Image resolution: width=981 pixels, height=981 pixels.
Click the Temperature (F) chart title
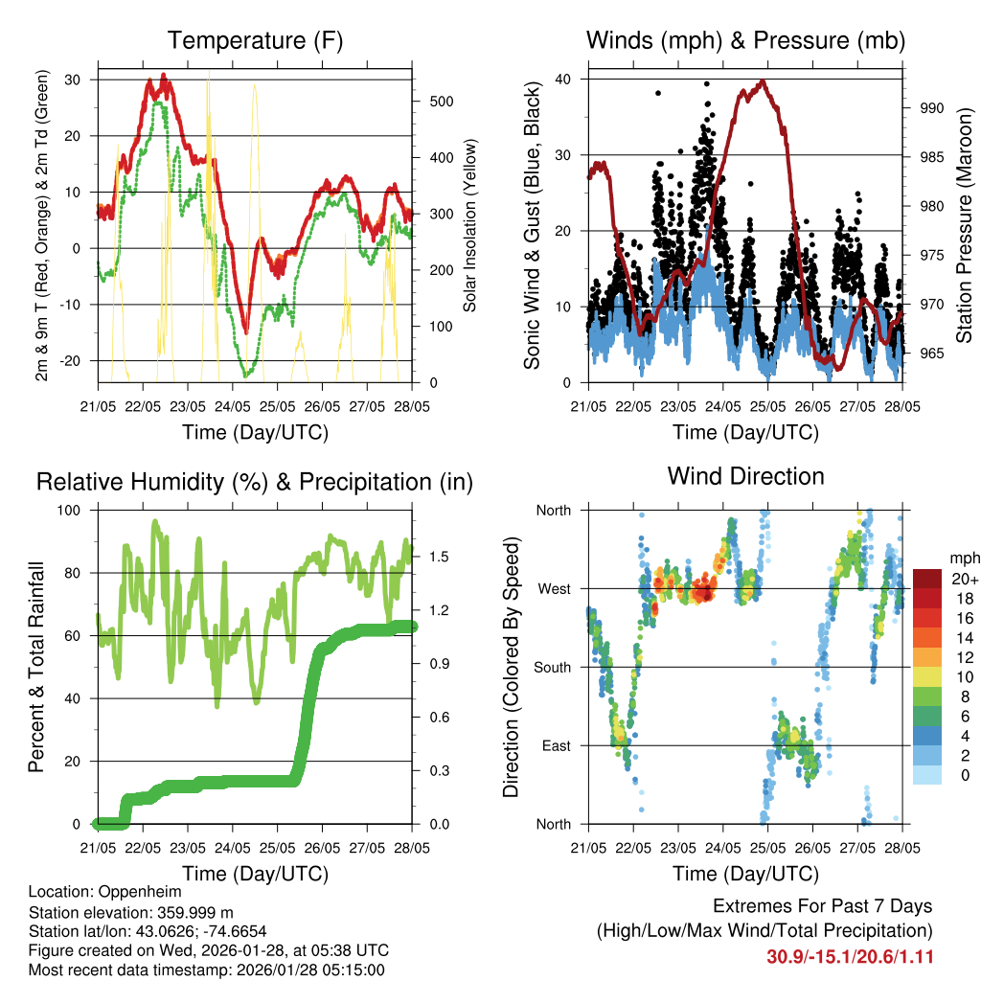[255, 40]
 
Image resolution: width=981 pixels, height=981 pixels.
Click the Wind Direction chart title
[745, 476]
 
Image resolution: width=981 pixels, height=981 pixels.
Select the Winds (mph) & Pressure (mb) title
[745, 40]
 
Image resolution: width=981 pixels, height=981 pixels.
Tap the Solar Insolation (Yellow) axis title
[469, 226]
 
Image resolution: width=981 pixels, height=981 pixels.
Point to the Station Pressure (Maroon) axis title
[964, 226]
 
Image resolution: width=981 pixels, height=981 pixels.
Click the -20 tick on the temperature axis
[74, 360]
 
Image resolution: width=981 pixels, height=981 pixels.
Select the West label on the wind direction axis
[553, 589]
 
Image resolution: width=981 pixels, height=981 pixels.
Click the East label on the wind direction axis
[555, 745]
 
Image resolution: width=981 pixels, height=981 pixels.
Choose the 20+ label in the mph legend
[963, 579]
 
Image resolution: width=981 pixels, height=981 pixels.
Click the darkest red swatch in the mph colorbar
[926, 579]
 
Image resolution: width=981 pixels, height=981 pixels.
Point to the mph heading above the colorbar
[963, 558]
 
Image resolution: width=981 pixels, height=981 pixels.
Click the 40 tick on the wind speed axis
[563, 79]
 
